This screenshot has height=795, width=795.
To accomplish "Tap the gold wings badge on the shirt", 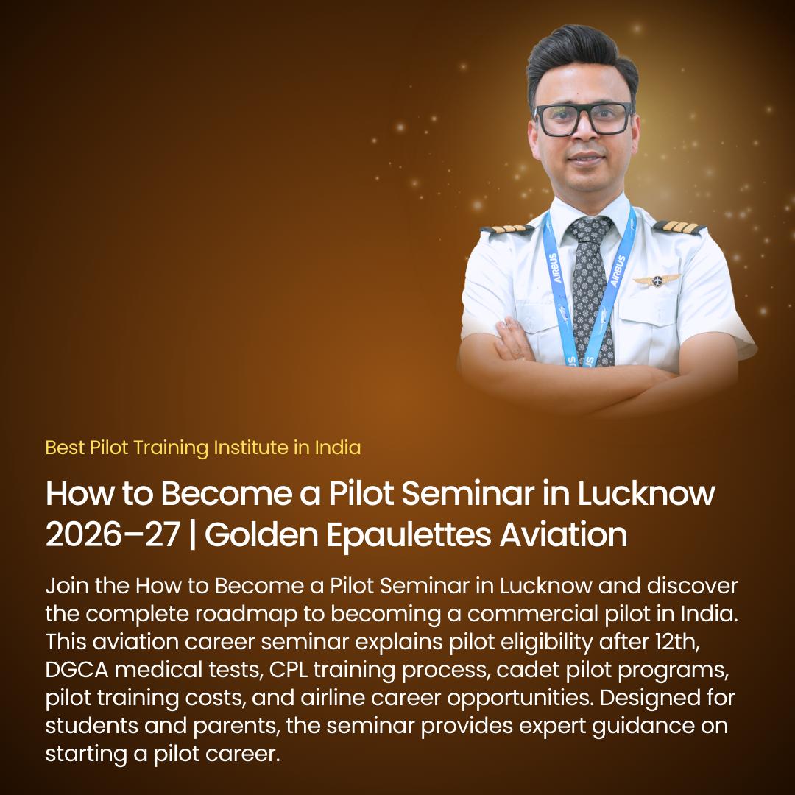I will [657, 280].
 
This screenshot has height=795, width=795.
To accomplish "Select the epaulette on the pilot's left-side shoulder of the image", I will [508, 230].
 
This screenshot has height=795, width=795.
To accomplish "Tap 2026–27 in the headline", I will [113, 535].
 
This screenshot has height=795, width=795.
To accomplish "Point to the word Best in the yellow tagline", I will [65, 447].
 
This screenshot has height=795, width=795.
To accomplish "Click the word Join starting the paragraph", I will [66, 587].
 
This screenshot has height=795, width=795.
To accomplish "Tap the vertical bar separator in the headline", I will [192, 535].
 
